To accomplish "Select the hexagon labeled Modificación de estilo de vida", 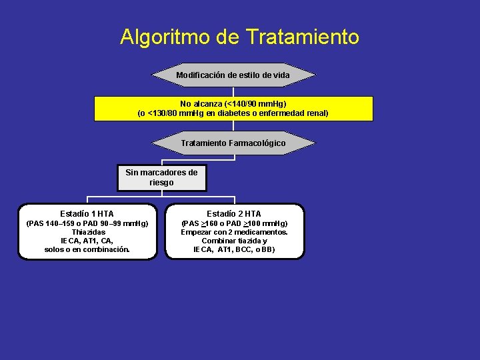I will [x=233, y=75].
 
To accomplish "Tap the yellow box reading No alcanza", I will [x=233, y=109].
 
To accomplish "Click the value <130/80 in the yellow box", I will [x=165, y=113].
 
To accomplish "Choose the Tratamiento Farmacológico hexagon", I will [x=233, y=143].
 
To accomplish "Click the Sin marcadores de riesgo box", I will [x=161, y=177].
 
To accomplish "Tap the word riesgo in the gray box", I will [x=161, y=182].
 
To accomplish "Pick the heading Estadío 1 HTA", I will [x=87, y=214].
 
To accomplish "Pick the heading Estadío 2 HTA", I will [x=234, y=214].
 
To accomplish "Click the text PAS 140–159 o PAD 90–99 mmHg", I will [x=87, y=223].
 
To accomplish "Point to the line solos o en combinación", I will [x=87, y=249].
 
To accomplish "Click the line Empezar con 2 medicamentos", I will [x=234, y=232].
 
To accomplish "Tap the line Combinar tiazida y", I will [x=234, y=241].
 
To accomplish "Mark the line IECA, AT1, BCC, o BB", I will [x=234, y=249].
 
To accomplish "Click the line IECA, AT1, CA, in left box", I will [x=87, y=241].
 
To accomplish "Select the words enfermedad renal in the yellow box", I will [x=299, y=113].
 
